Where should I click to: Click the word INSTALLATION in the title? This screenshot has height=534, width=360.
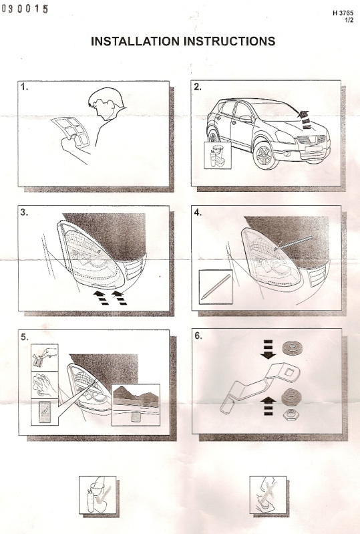[136, 41]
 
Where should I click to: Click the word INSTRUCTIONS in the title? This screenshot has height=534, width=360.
[230, 41]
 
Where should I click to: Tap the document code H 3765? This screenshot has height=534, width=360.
[343, 13]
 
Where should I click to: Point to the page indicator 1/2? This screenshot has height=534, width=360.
[349, 20]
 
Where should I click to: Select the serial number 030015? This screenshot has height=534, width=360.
[25, 9]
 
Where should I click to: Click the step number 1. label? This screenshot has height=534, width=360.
[24, 87]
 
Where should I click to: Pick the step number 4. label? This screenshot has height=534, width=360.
[198, 213]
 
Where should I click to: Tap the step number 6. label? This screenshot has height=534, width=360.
[198, 336]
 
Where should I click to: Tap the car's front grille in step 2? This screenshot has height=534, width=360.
[311, 140]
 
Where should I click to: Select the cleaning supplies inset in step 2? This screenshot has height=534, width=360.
[218, 155]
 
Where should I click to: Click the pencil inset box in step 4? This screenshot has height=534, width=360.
[215, 287]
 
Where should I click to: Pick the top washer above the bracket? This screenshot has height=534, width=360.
[293, 348]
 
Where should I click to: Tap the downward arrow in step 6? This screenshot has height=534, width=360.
[268, 350]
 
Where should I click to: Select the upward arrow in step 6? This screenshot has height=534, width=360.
[268, 406]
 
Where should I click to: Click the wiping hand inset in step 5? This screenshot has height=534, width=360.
[45, 385]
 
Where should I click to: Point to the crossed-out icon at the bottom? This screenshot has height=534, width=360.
[268, 495]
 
